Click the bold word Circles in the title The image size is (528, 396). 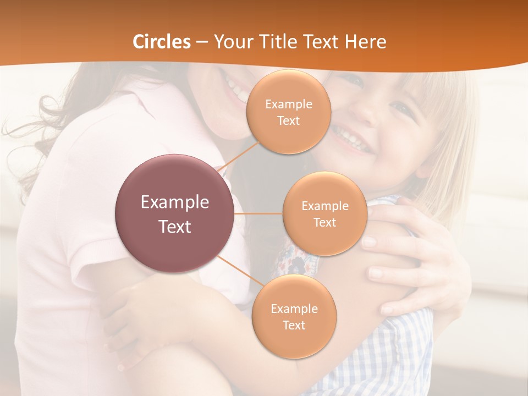pyautogui.click(x=161, y=42)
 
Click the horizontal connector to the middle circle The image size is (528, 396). pyautogui.click(x=258, y=213)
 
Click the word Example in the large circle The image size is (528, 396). pyautogui.click(x=175, y=202)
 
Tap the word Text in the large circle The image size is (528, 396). pyautogui.click(x=175, y=227)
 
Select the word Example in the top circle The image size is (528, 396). pyautogui.click(x=289, y=104)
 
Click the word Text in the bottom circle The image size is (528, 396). pyautogui.click(x=294, y=325)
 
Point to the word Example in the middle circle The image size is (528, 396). pyautogui.click(x=325, y=206)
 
